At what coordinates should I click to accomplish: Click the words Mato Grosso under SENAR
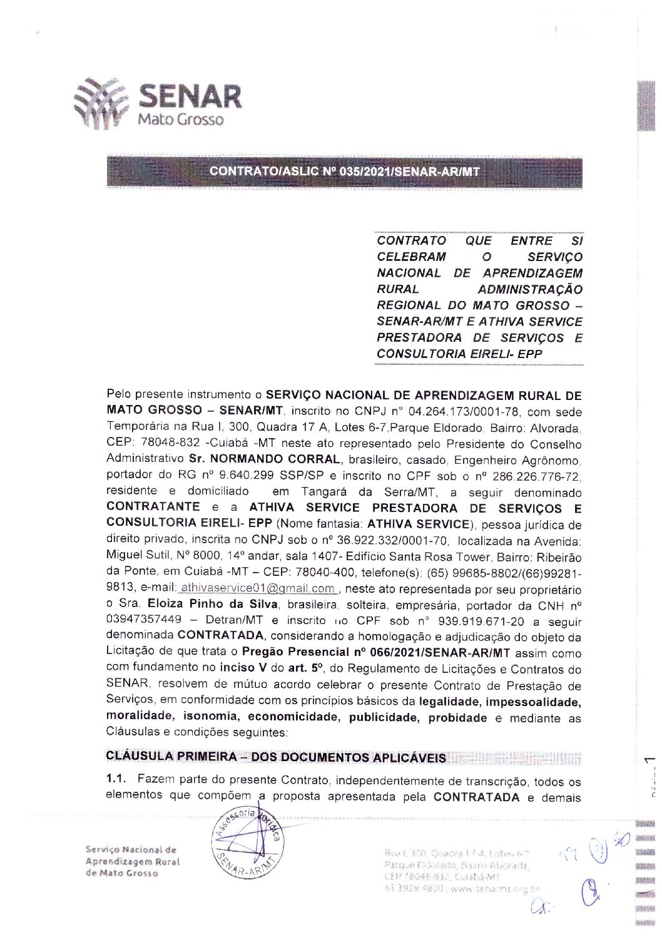click(x=180, y=118)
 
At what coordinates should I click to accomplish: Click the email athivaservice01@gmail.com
click(x=257, y=588)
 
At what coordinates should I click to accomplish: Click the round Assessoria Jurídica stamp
click(x=248, y=839)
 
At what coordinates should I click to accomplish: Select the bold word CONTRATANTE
click(x=153, y=506)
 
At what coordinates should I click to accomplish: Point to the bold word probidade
click(x=457, y=718)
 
